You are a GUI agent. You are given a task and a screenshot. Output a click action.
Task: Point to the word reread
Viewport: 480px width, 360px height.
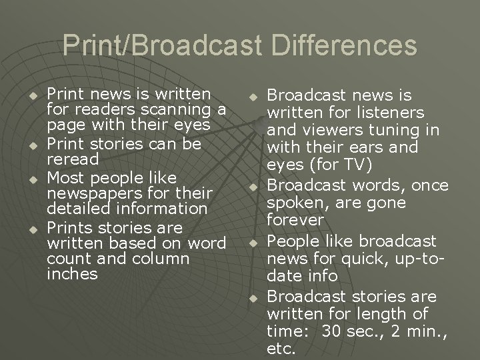pos(73,160)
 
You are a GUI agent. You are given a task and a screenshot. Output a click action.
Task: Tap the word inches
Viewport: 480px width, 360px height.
pos(72,275)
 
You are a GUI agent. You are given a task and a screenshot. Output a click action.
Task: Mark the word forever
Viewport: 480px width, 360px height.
pos(295,219)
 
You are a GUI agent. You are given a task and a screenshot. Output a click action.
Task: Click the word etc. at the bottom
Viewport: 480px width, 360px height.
pos(280,348)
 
